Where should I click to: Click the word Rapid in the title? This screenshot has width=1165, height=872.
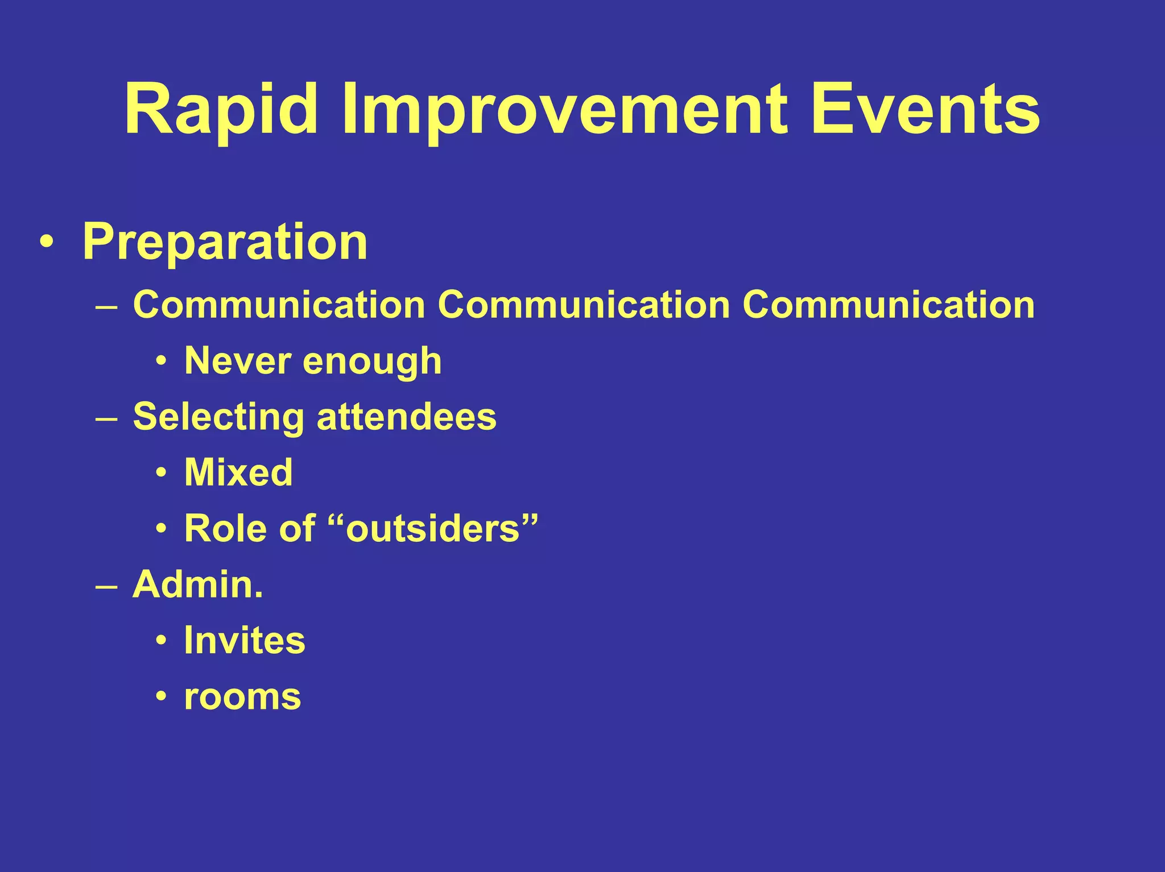click(221, 109)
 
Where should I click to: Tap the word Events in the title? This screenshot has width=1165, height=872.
click(926, 109)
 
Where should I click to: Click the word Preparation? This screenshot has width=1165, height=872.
click(225, 242)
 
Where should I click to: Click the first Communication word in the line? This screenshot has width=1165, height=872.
click(279, 305)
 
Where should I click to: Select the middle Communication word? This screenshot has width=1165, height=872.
click(584, 305)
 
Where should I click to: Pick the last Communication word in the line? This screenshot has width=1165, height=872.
click(889, 305)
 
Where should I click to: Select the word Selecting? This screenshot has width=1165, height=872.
click(218, 417)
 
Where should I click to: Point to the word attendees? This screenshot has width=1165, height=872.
click(406, 416)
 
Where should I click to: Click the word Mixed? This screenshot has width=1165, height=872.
click(238, 472)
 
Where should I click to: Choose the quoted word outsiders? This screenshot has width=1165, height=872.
click(433, 528)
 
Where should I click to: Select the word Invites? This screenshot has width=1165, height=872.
click(245, 640)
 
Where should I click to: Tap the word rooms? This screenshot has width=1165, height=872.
click(242, 697)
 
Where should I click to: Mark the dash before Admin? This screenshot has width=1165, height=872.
click(106, 586)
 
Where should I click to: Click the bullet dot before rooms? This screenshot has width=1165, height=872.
click(162, 697)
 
